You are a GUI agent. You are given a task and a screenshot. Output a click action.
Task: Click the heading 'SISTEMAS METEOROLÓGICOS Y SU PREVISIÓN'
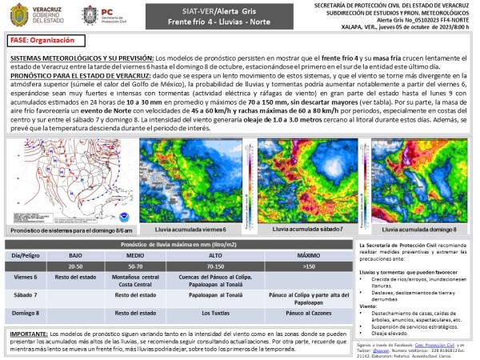tap(82, 59)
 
